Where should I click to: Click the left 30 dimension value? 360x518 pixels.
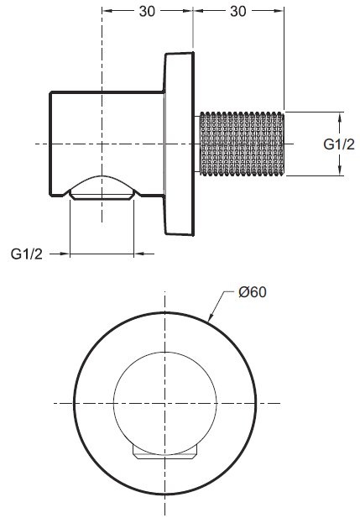[x=148, y=11]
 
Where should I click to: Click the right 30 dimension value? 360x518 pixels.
[x=239, y=11]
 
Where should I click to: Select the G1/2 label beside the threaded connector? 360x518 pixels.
[x=337, y=144]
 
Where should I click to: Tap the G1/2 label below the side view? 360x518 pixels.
[x=28, y=254]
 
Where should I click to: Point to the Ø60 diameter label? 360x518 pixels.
[x=252, y=293]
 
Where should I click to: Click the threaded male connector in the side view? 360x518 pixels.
[x=241, y=144]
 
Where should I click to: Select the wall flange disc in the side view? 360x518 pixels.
[x=179, y=144]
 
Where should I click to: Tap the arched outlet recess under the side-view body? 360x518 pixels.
[x=103, y=189]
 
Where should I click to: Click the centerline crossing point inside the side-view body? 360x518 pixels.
[x=103, y=144]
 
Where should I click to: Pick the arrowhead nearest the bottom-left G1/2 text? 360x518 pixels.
[x=65, y=254]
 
